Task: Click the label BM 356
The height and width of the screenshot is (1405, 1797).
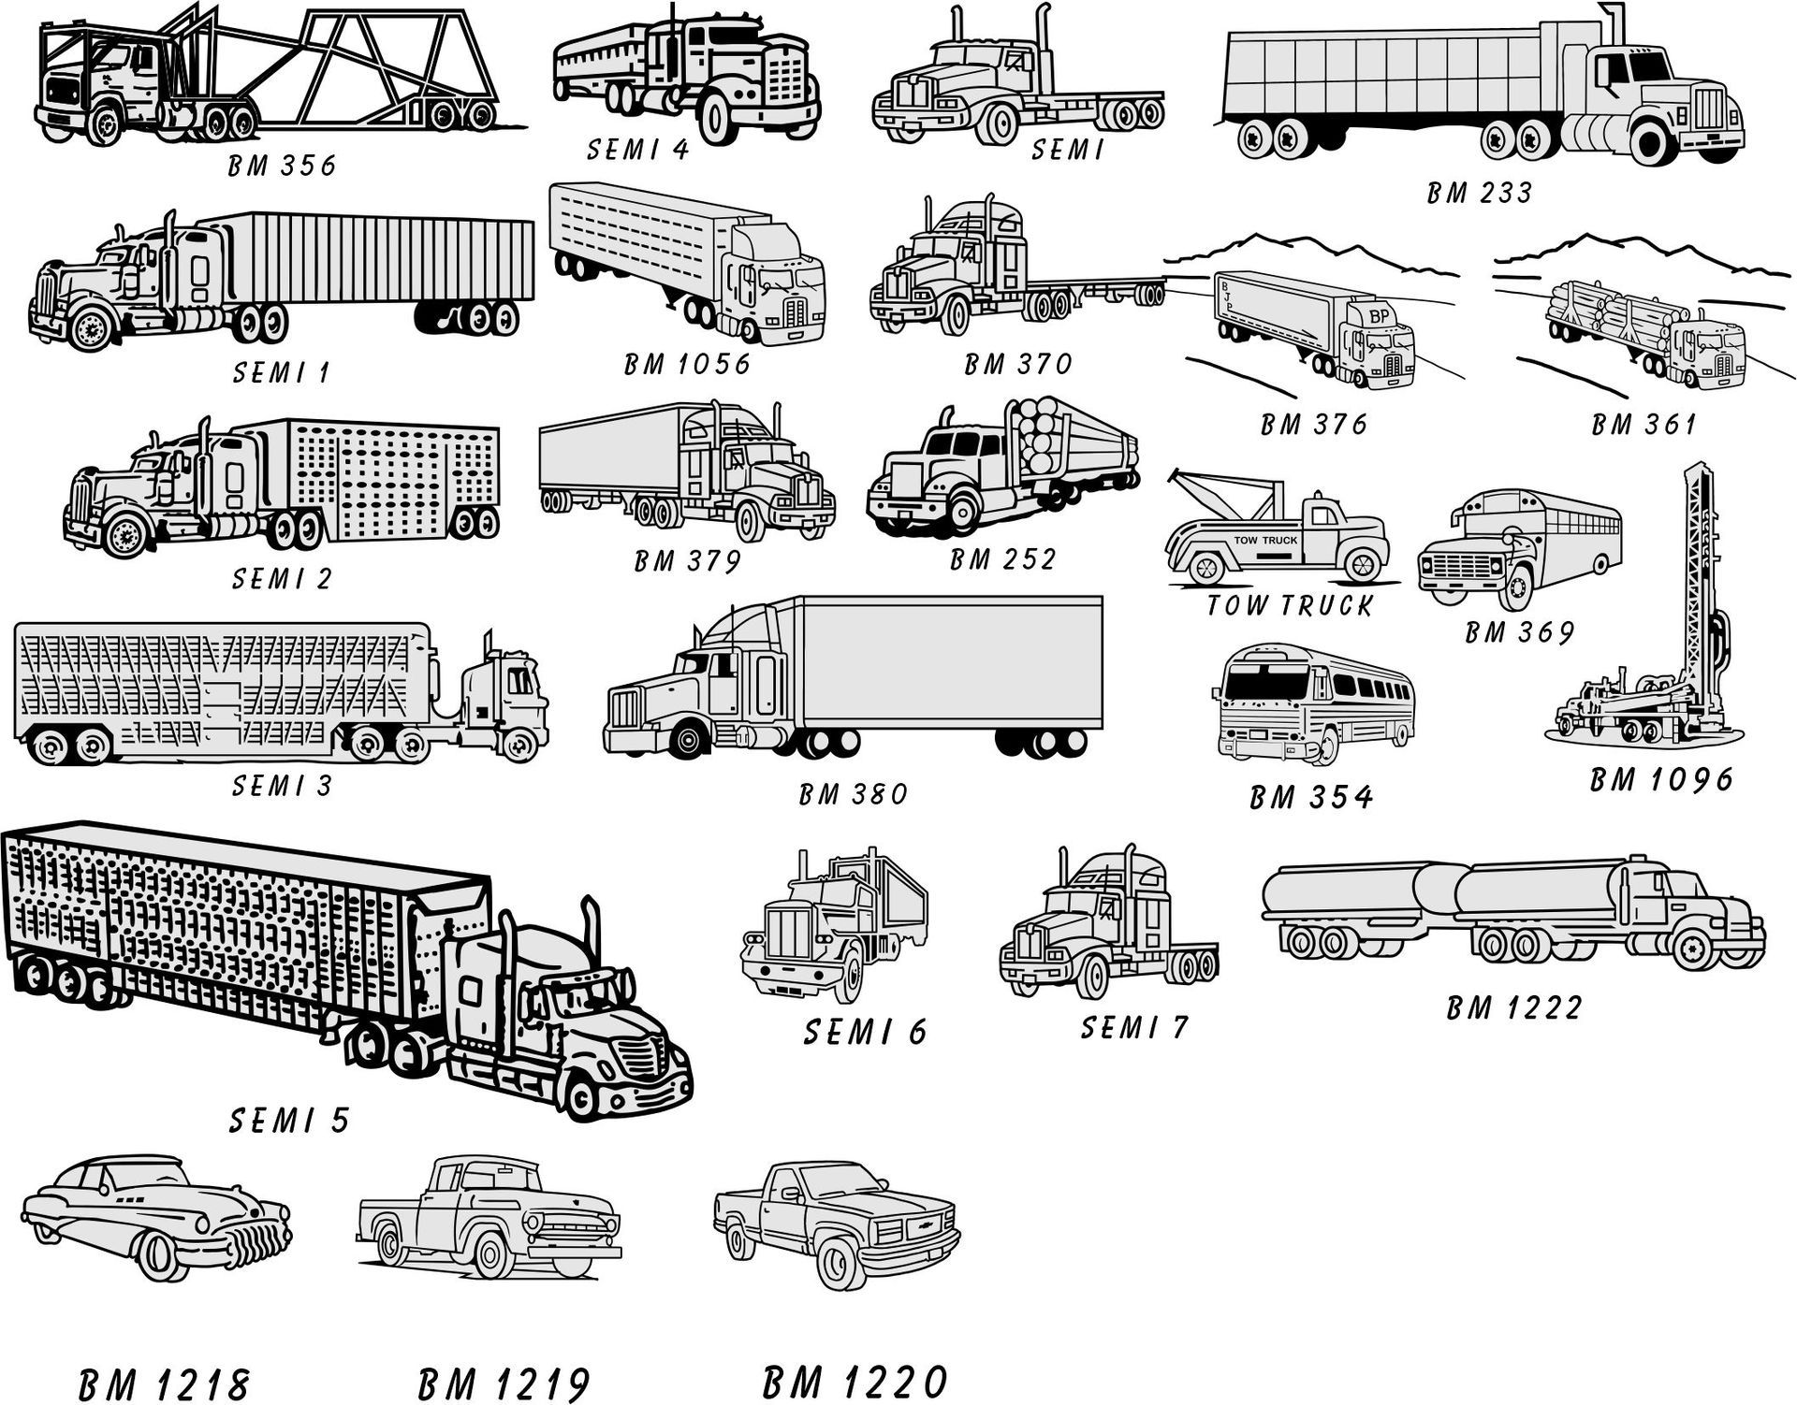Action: tap(282, 167)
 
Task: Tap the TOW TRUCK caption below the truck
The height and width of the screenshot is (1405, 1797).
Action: tap(1289, 606)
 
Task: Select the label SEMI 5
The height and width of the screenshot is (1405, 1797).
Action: tap(289, 1120)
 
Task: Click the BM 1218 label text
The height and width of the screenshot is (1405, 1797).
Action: tap(165, 1385)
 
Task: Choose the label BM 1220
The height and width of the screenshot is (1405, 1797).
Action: tap(855, 1382)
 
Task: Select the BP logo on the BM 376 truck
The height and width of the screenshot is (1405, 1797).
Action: tap(1379, 316)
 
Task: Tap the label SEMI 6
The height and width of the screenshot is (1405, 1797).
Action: tap(865, 1032)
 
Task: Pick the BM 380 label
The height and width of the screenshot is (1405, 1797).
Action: tap(854, 794)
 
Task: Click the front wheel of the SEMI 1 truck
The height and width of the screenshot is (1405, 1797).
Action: tap(91, 327)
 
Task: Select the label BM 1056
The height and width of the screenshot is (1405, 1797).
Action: tap(688, 363)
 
